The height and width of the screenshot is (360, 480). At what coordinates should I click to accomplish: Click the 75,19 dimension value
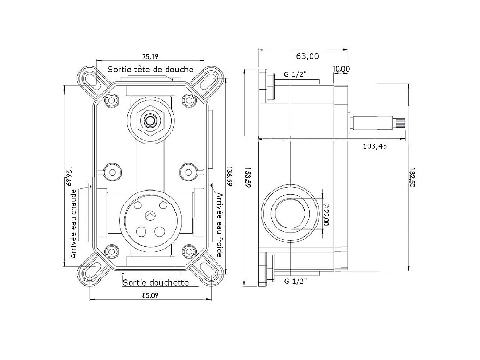click(x=150, y=57)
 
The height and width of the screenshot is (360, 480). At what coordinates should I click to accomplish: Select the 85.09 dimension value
click(x=150, y=296)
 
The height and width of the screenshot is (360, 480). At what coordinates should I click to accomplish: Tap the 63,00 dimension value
click(x=307, y=56)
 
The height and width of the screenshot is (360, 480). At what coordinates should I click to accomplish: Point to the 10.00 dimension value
click(x=341, y=69)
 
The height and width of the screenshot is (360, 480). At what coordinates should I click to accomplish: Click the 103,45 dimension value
click(x=375, y=146)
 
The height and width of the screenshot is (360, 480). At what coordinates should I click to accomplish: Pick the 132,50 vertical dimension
click(x=412, y=178)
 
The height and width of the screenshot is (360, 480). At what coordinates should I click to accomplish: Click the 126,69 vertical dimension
click(x=69, y=177)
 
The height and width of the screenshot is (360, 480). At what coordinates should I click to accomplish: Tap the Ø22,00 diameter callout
click(x=326, y=214)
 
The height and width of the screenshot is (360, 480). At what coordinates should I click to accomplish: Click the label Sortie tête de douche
click(x=150, y=70)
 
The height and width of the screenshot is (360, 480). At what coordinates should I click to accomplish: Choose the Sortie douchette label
click(x=156, y=282)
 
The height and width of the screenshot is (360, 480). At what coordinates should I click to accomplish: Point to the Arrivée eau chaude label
click(x=73, y=224)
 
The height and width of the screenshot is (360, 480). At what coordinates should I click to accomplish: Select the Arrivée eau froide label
click(x=219, y=225)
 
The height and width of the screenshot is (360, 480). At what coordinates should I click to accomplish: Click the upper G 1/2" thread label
click(x=295, y=74)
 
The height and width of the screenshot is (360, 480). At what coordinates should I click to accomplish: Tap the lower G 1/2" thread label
click(x=295, y=281)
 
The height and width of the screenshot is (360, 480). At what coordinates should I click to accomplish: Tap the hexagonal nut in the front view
click(x=150, y=120)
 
